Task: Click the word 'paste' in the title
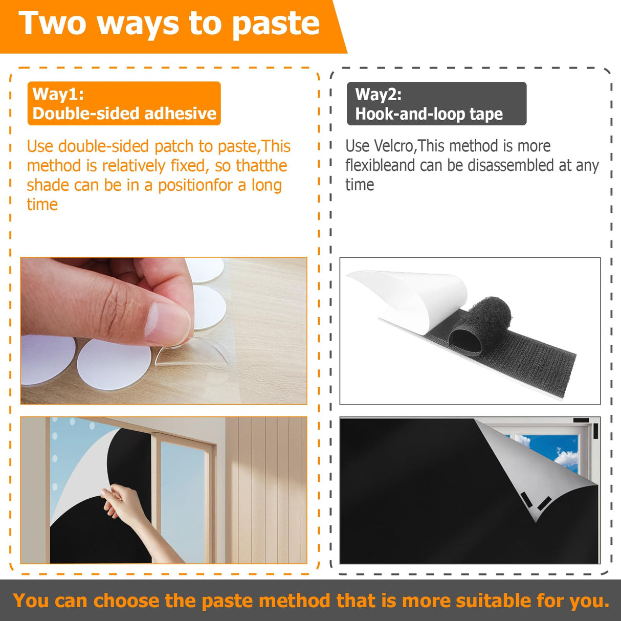coord(276,24)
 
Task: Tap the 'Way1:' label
coord(58,94)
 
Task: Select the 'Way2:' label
coord(378,95)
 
